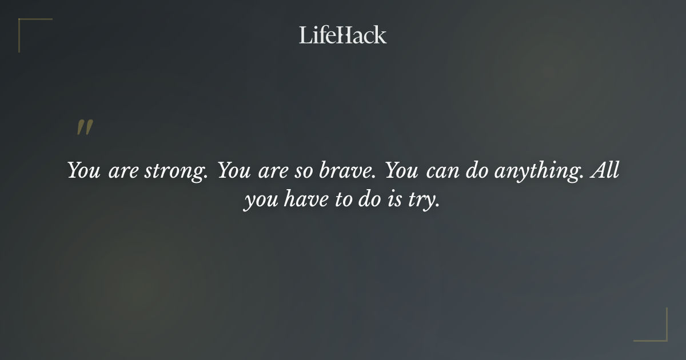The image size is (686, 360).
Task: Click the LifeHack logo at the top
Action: point(343,35)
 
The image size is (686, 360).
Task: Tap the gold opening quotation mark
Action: point(85,128)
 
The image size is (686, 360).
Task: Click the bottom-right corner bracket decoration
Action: point(657,331)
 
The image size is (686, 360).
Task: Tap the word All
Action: point(605,170)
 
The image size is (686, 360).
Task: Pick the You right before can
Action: point(403,170)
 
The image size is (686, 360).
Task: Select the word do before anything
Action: point(476,170)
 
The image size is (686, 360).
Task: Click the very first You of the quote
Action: point(84,170)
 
